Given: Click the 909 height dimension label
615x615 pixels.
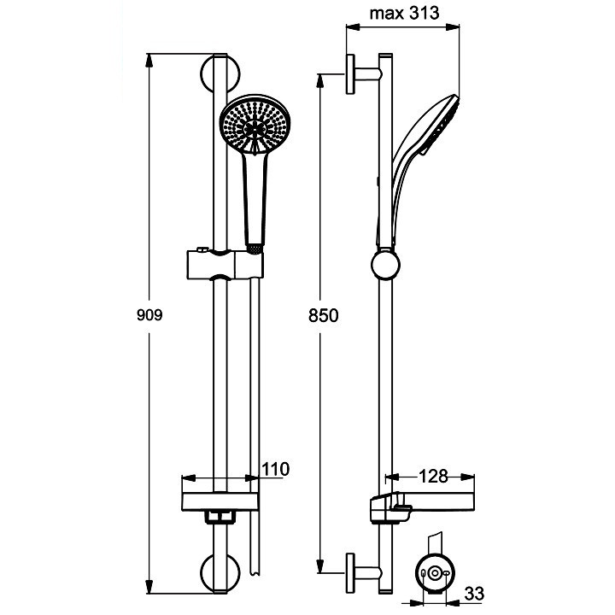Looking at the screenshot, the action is (149, 315).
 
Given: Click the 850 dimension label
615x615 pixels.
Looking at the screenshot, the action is (323, 315).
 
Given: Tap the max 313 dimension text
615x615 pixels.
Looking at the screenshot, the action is (404, 14).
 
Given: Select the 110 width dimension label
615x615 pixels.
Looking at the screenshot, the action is (275, 469).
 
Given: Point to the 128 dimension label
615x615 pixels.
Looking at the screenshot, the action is (433, 477).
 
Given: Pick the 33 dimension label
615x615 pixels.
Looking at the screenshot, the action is (474, 594).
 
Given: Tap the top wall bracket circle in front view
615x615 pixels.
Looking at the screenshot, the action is (220, 73).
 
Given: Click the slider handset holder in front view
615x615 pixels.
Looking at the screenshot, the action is (225, 264).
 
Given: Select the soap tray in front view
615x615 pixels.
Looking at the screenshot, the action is (220, 502).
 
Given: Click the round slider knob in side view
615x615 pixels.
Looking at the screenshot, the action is (385, 264).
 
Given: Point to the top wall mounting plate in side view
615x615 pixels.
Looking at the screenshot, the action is (350, 73).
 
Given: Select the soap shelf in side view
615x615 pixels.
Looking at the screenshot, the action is (422, 508).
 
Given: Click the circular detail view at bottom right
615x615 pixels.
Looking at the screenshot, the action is (435, 573).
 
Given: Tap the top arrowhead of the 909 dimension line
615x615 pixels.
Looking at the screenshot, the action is (149, 61).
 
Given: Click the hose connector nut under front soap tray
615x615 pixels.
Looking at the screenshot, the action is (220, 517).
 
